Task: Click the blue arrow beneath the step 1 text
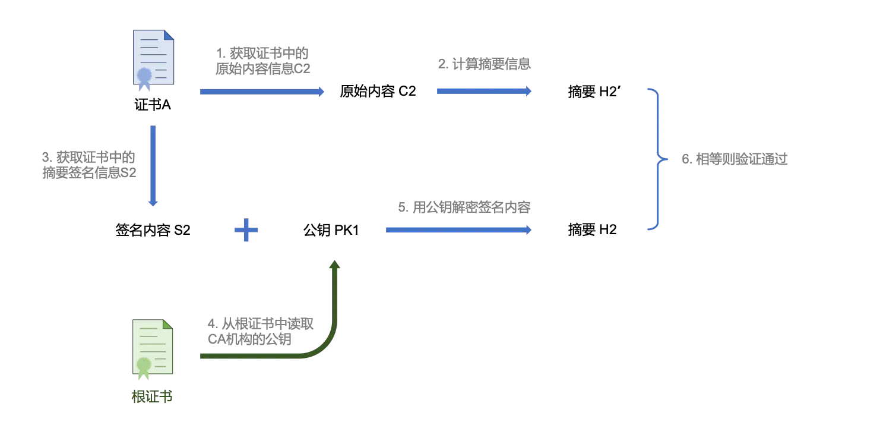tap(262, 92)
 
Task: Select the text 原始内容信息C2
tap(262, 69)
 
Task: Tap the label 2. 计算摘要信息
tap(484, 65)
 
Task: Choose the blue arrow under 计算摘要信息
tap(484, 91)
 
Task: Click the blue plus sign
tap(246, 230)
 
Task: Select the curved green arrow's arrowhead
tap(335, 266)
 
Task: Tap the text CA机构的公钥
tap(249, 339)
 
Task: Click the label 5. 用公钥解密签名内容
tap(464, 207)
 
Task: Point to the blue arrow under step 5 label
tap(458, 230)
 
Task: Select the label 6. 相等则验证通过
tap(735, 159)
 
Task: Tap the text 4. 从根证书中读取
tap(261, 324)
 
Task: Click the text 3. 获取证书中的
tap(89, 158)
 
